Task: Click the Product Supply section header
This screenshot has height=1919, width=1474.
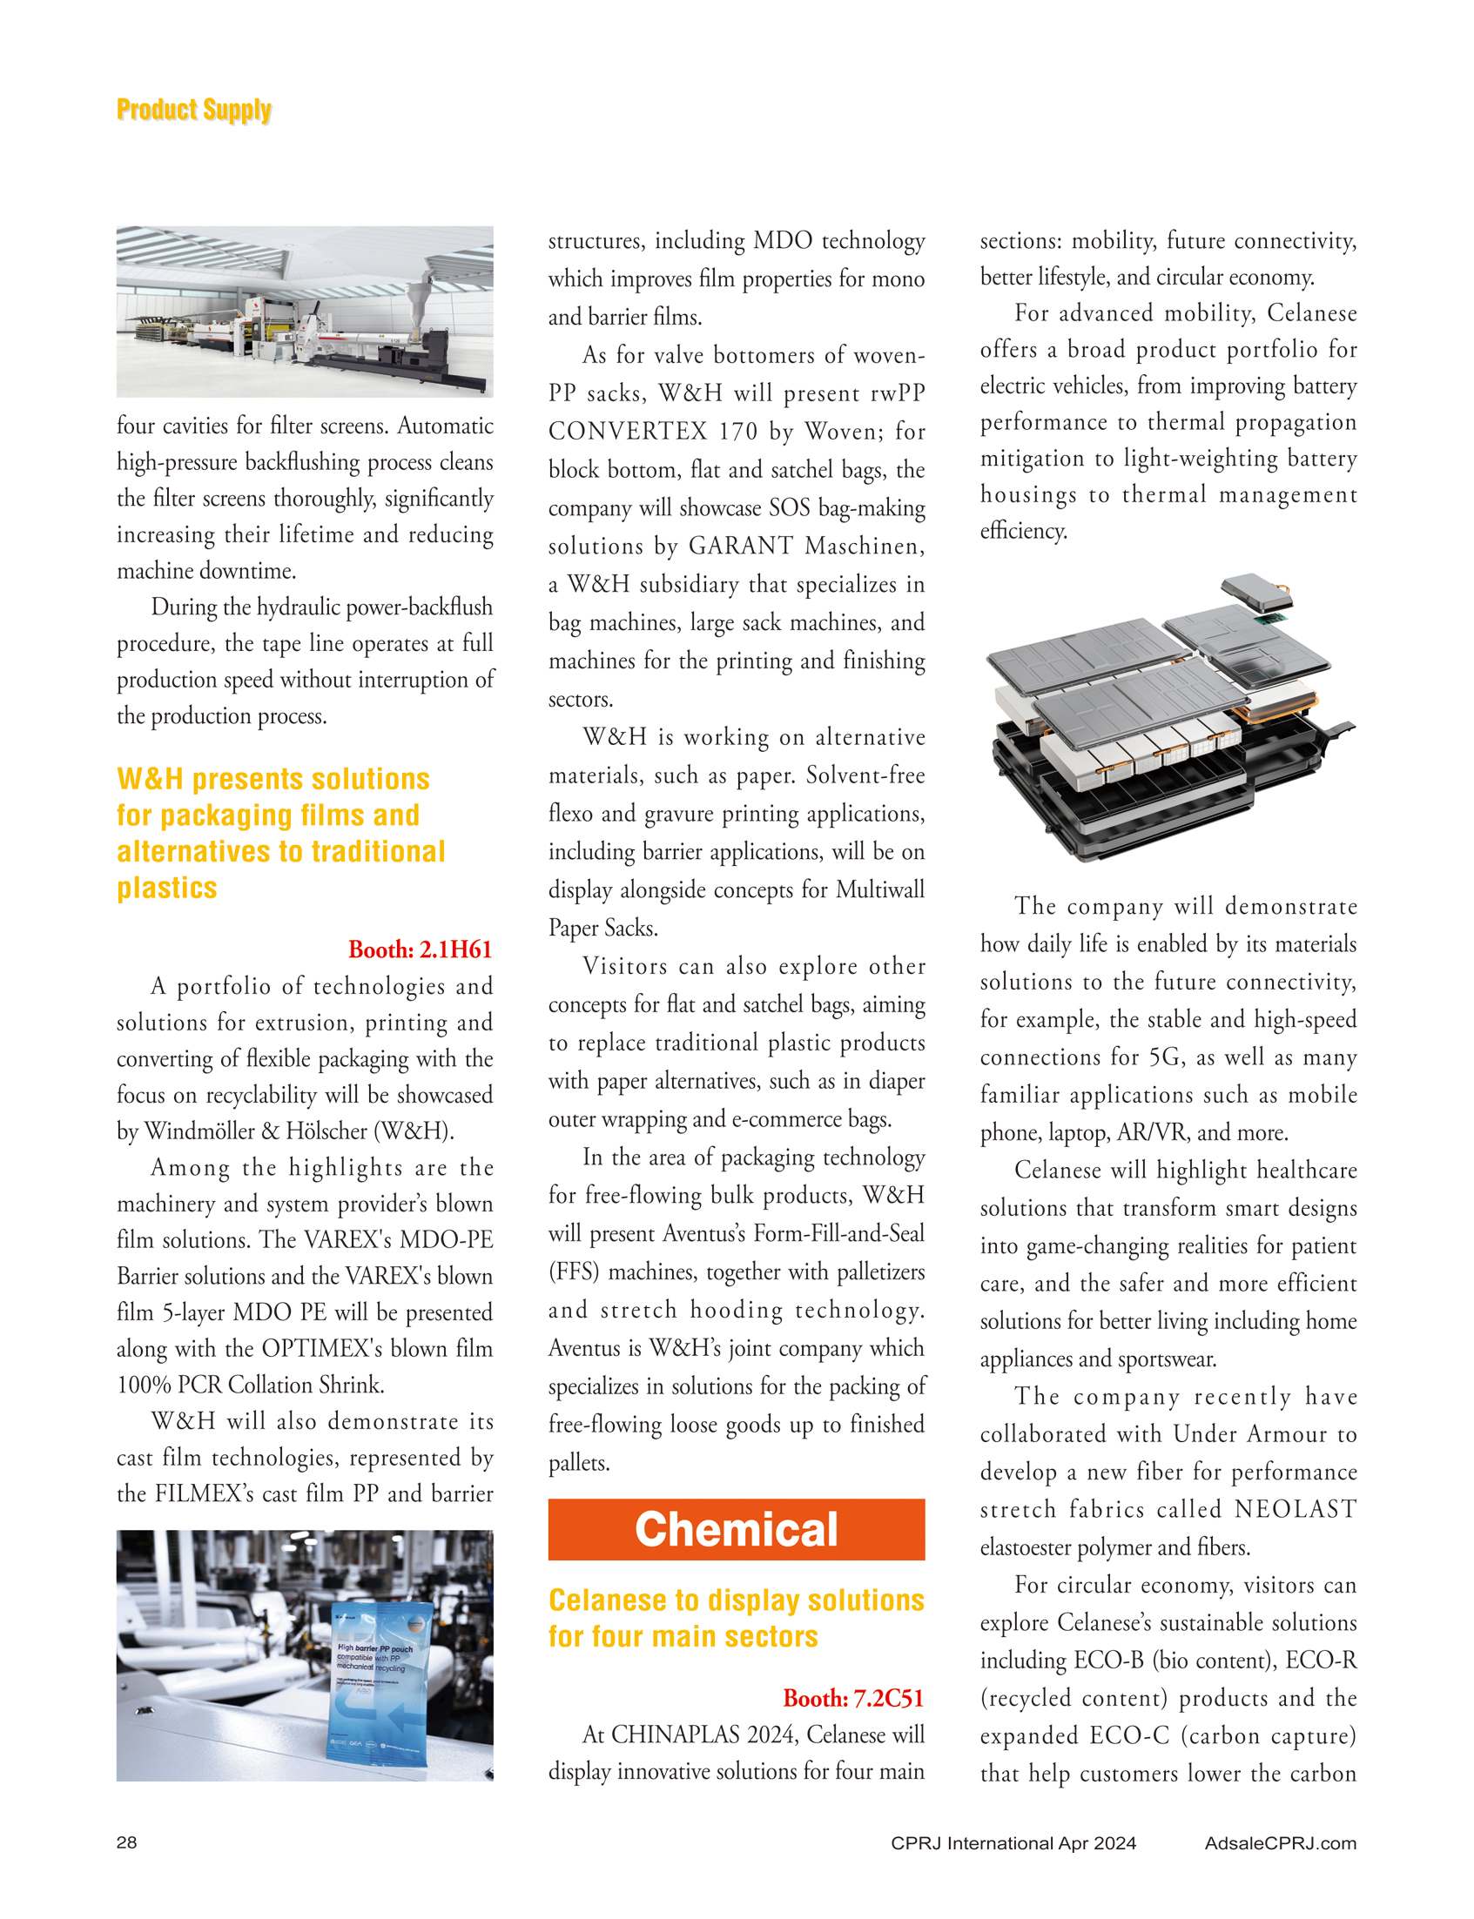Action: click(x=194, y=110)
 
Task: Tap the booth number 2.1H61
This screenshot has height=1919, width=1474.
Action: click(x=421, y=949)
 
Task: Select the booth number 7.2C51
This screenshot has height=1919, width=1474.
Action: click(x=854, y=1698)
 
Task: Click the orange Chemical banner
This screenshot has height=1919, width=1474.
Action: click(x=736, y=1529)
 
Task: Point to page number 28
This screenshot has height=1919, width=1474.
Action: click(x=126, y=1842)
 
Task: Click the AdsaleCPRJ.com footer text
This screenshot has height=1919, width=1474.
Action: click(x=1280, y=1842)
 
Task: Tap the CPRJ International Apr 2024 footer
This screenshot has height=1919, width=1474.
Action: click(x=1013, y=1842)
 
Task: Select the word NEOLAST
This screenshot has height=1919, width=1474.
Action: click(x=1295, y=1508)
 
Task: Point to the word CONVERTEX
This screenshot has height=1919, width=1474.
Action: click(x=628, y=431)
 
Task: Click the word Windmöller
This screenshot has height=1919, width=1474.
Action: click(x=209, y=1131)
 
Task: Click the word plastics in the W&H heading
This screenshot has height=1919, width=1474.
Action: click(x=166, y=888)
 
